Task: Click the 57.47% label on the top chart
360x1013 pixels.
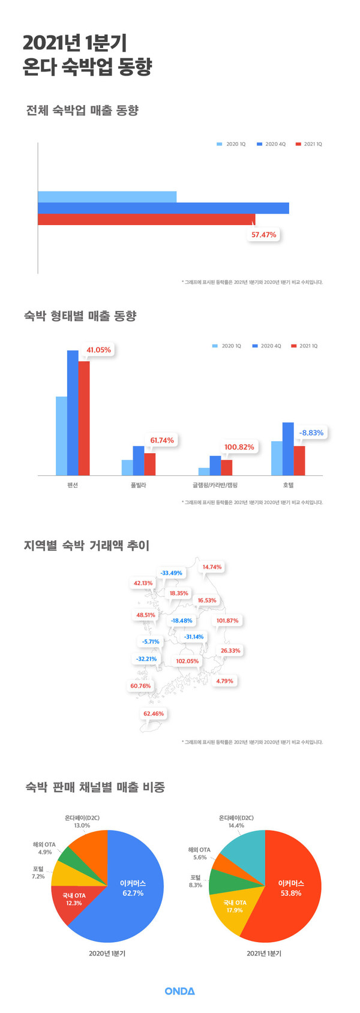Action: pos(264,235)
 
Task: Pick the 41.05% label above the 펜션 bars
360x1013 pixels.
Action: pos(99,350)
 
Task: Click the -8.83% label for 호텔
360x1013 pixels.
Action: pos(311,433)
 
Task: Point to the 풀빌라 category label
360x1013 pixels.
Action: pos(138,485)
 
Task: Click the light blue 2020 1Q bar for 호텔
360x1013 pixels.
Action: pos(277,458)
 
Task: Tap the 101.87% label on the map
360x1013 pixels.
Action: pos(228,621)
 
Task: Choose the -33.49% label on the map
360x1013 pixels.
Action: pos(172,573)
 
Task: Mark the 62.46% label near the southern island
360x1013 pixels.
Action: pos(154,714)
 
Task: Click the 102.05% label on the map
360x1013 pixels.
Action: pos(187,661)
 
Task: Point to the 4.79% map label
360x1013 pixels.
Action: pos(224,681)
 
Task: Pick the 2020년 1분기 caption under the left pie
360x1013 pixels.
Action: pos(107,953)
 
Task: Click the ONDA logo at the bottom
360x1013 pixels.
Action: pos(179,991)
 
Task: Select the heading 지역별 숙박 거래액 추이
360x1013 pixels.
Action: pos(86,546)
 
